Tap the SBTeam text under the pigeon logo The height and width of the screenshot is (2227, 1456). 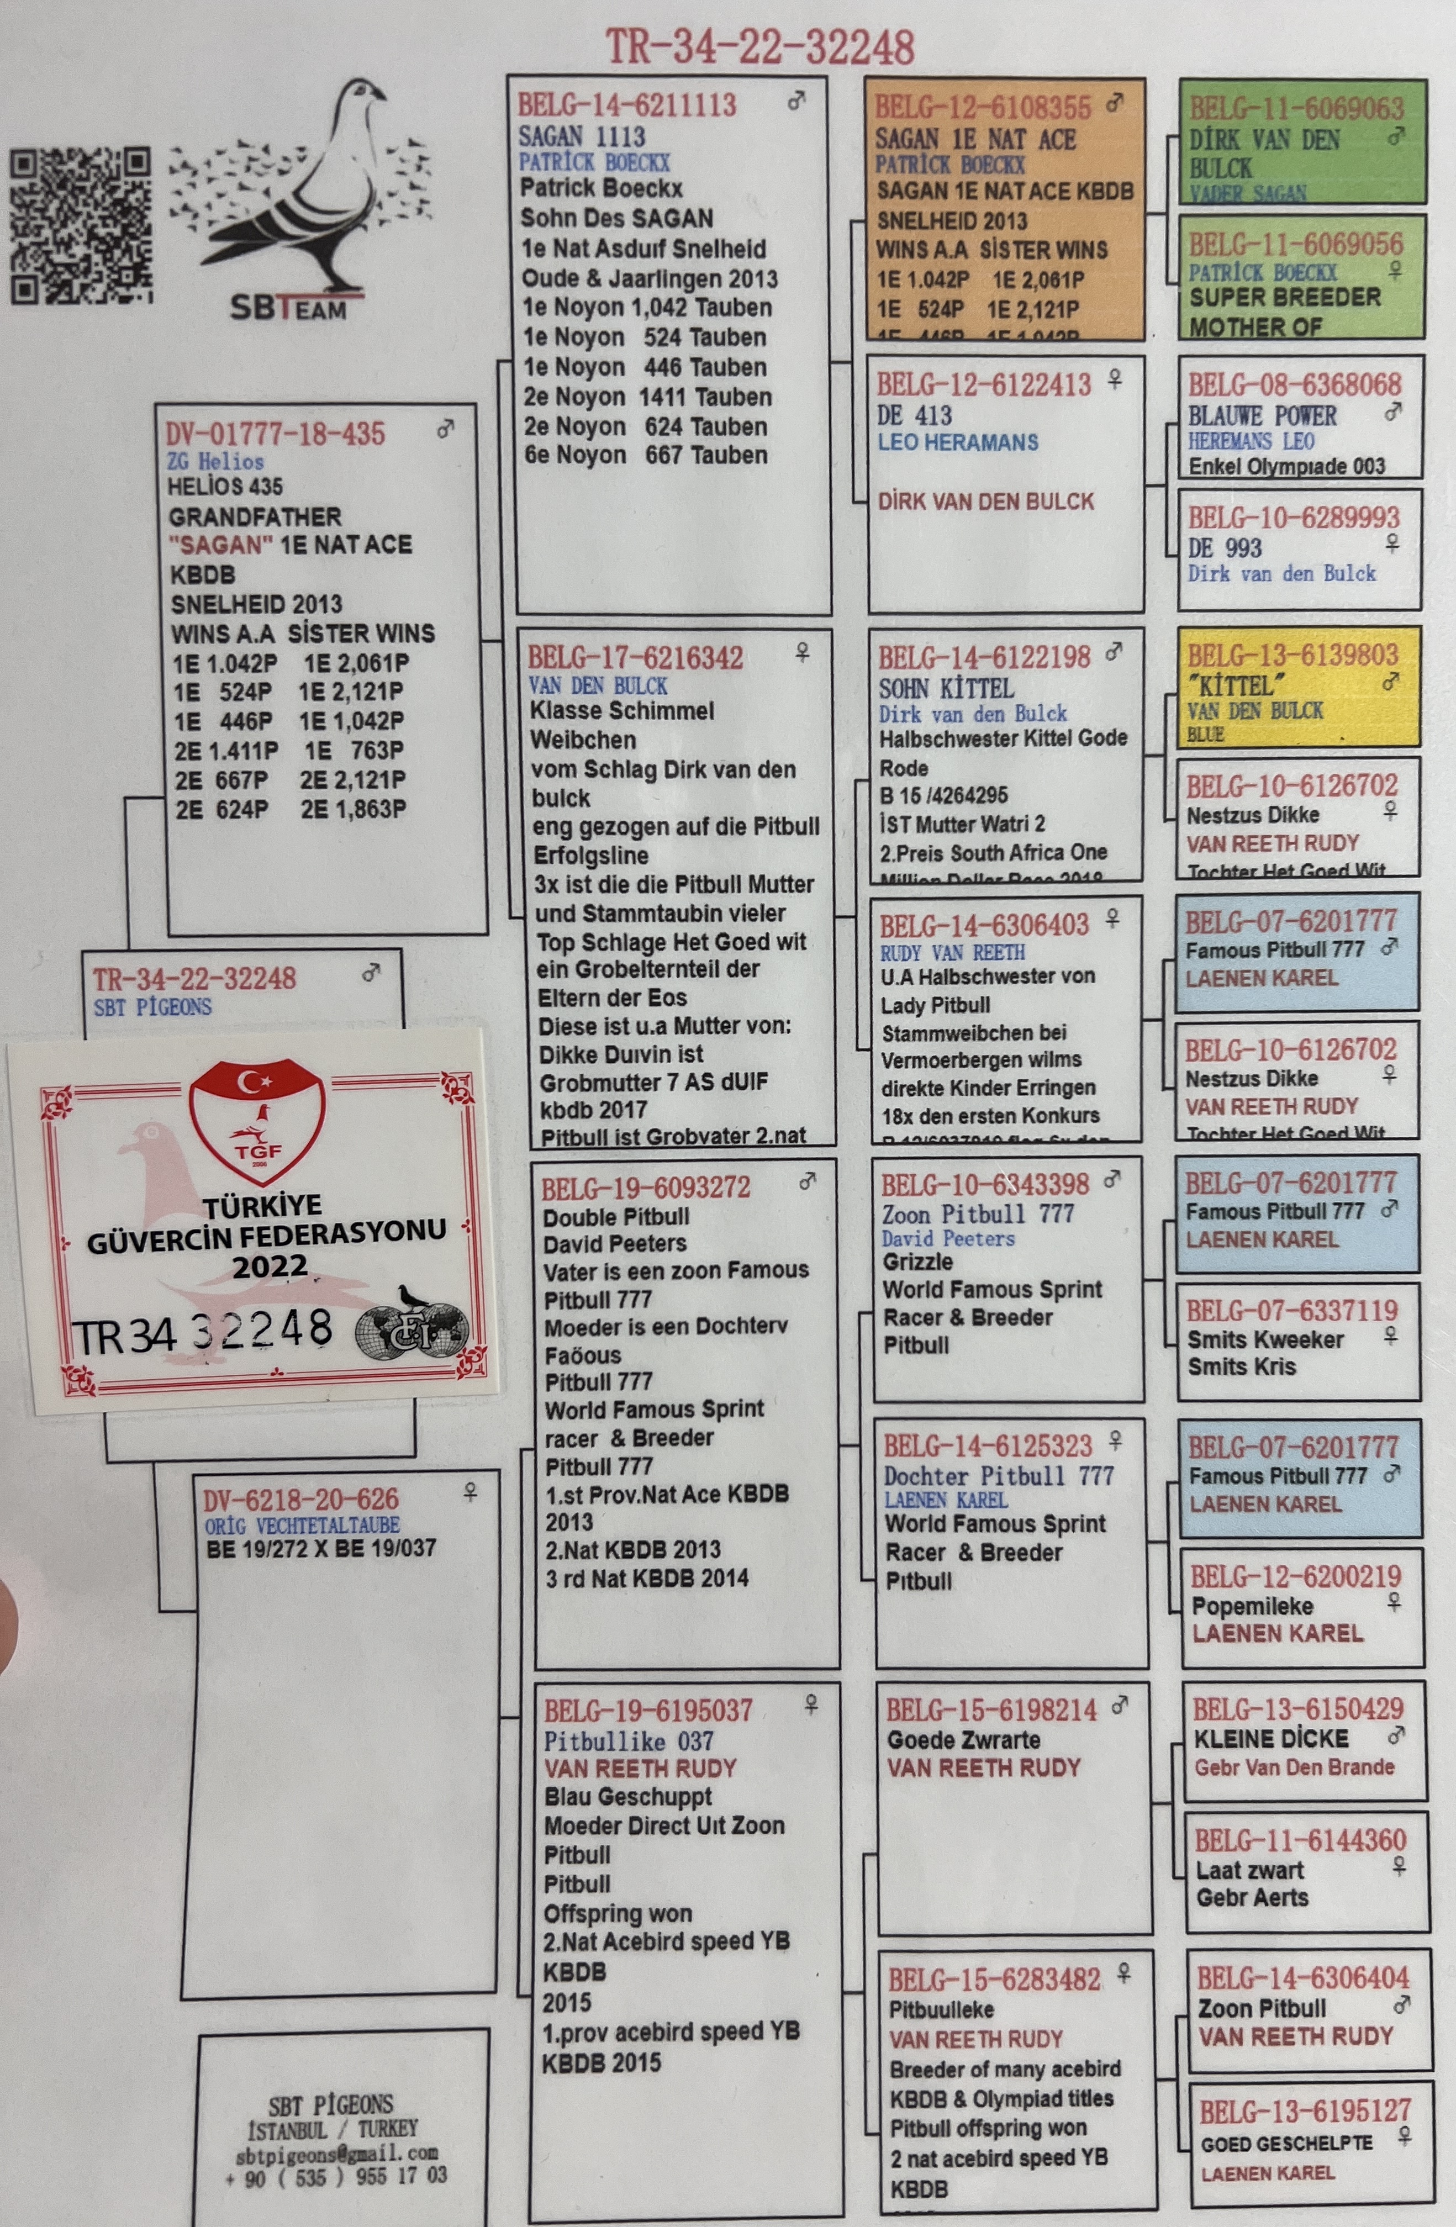pos(288,308)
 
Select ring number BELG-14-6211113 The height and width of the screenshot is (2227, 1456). pos(627,105)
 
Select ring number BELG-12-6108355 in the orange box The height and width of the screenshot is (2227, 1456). pos(983,108)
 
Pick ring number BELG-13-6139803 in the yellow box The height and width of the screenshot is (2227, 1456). pos(1293,655)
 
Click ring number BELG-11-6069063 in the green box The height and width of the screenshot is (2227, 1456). pos(1296,109)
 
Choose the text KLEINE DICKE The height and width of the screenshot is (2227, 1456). pos(1271,1739)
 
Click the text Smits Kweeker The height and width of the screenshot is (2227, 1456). pos(1264,1340)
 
